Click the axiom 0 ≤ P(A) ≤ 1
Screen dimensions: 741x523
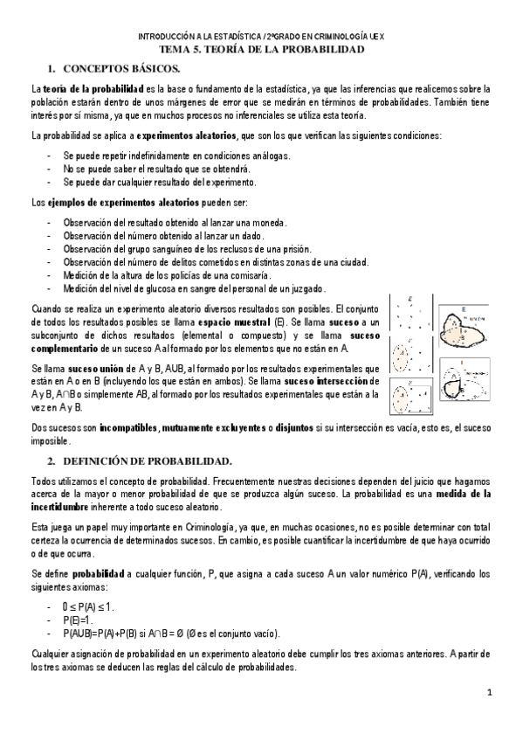pyautogui.click(x=88, y=606)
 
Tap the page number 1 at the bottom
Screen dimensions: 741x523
pyautogui.click(x=491, y=693)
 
